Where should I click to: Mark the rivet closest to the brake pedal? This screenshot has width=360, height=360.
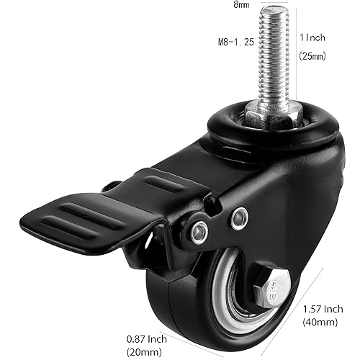[x=200, y=232]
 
